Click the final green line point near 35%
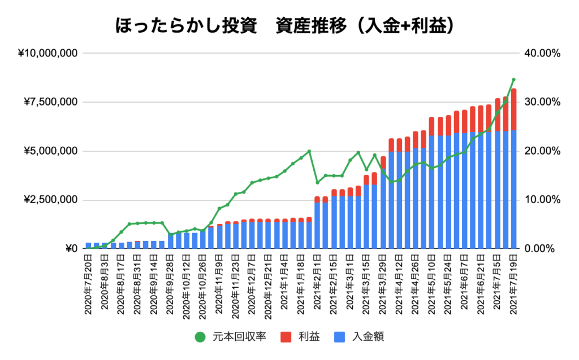point(513,80)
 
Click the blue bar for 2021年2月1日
point(317,226)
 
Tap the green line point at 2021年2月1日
point(317,182)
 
